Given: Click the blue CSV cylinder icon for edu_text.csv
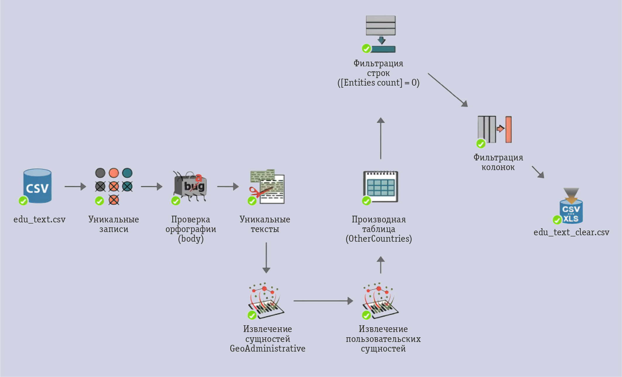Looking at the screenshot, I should point(37,186).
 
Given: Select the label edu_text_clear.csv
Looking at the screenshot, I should point(571,232).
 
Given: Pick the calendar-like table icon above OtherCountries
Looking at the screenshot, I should point(381,186).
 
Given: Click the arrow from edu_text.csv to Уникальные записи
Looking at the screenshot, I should point(75,186).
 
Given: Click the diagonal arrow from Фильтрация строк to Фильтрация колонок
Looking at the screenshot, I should point(448,90).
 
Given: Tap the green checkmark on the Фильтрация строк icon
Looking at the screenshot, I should point(366,48).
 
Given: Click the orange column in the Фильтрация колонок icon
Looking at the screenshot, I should point(508,129).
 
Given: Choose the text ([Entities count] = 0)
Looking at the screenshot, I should point(378,83).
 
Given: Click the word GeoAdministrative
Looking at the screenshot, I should point(267,349).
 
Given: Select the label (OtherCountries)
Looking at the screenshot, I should point(379,239).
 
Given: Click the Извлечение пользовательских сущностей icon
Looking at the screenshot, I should point(380,301).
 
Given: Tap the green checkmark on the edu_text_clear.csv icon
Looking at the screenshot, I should point(557,219).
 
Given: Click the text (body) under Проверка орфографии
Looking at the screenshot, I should point(191,239).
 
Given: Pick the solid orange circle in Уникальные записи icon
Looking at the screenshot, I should point(114,173).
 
